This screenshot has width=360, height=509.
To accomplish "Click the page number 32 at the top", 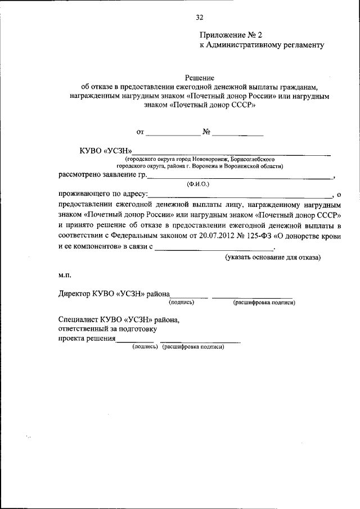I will click(x=199, y=17).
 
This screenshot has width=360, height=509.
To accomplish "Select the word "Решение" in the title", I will click(x=199, y=77).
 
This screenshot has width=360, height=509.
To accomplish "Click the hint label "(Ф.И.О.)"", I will click(x=197, y=184).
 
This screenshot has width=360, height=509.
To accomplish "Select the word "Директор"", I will click(x=77, y=293).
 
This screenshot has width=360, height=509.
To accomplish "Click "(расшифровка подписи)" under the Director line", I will click(x=264, y=303).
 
